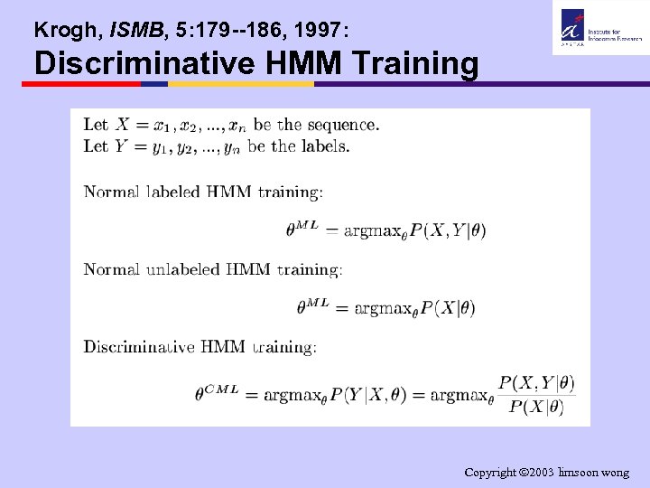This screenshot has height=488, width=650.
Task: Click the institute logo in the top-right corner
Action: (597, 27)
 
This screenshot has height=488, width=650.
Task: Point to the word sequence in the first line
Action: (341, 124)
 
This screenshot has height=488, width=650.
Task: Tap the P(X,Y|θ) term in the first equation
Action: (448, 230)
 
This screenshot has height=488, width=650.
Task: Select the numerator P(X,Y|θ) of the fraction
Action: (536, 383)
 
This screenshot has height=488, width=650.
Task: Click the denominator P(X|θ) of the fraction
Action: (536, 407)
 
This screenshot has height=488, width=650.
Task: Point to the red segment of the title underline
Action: (81, 84)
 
